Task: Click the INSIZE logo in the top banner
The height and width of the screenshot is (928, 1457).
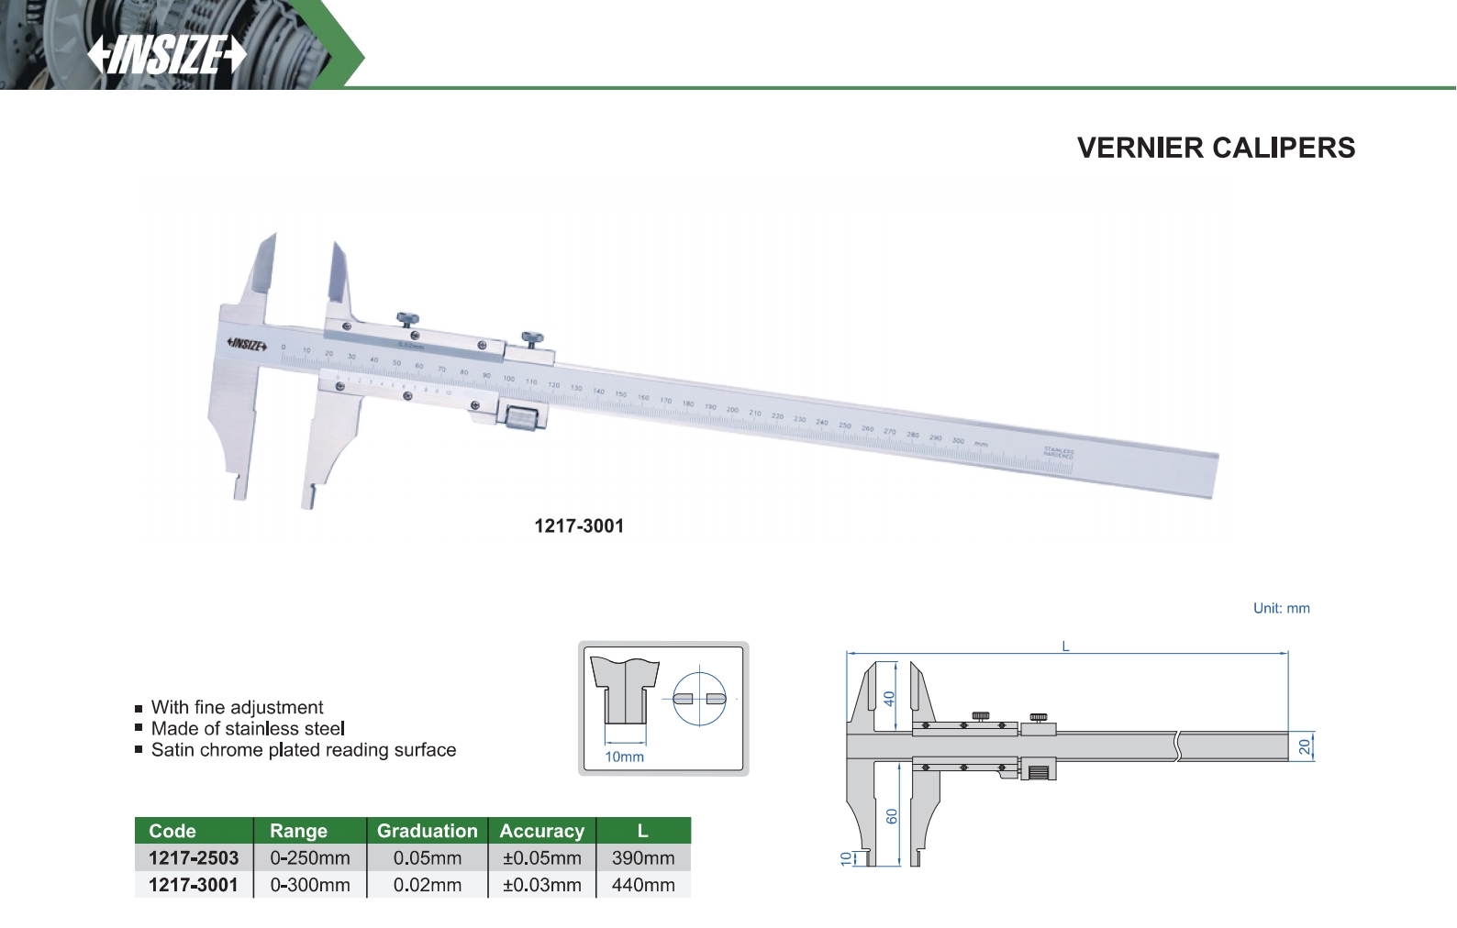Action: (167, 54)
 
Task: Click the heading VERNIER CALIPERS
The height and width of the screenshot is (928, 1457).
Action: (1216, 148)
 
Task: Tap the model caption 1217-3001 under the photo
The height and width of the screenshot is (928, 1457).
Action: (579, 526)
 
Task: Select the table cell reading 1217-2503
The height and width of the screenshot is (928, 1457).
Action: (194, 858)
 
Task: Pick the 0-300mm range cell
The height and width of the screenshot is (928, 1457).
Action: (310, 885)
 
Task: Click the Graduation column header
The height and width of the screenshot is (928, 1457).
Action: (428, 831)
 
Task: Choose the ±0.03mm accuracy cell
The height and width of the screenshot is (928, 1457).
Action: (542, 885)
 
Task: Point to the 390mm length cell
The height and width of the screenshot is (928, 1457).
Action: (643, 858)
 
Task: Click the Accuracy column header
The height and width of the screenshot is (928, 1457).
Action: (542, 831)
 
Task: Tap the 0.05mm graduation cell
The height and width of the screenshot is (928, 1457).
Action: (428, 858)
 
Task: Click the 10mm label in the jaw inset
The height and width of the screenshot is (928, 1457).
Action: (624, 757)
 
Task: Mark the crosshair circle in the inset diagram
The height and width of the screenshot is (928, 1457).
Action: (699, 699)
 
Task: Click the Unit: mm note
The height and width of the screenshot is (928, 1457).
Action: (1281, 608)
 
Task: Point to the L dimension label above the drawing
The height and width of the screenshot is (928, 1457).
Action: (1065, 646)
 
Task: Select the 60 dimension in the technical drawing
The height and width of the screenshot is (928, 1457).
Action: (892, 815)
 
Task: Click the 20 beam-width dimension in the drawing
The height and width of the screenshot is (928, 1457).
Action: (1305, 746)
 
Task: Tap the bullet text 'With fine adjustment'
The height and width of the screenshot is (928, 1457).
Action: (237, 707)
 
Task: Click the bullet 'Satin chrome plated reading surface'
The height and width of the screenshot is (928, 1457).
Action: (303, 750)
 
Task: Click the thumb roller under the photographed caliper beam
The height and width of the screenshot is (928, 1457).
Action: (520, 418)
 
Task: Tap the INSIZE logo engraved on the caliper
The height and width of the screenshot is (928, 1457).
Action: (247, 345)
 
